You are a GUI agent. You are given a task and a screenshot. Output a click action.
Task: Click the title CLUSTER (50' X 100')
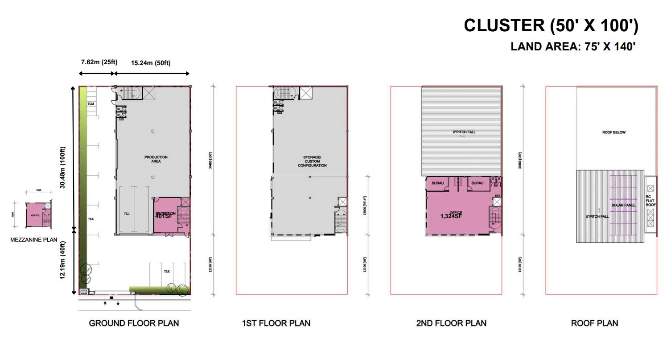551,25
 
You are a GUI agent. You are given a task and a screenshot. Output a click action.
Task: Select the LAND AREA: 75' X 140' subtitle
573,46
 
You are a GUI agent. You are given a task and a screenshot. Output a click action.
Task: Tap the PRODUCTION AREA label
156,159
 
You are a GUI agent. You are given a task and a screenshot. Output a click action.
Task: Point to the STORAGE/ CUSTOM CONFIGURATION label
312,161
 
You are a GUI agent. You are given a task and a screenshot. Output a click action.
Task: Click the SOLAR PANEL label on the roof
623,205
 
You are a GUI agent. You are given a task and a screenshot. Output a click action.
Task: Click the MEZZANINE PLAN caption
33,240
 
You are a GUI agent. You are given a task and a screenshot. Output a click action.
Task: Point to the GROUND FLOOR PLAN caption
134,323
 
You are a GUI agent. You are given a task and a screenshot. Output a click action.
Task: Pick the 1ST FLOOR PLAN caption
276,323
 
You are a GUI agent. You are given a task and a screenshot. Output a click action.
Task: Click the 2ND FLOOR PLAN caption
451,323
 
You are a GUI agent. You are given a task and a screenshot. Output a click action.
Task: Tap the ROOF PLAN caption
594,323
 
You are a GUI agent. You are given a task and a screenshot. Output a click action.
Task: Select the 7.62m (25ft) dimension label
99,62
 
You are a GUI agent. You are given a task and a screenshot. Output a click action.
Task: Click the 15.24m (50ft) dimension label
151,63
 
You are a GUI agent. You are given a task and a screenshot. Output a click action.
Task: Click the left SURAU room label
437,183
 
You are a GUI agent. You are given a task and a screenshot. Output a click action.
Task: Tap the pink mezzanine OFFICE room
35,215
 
